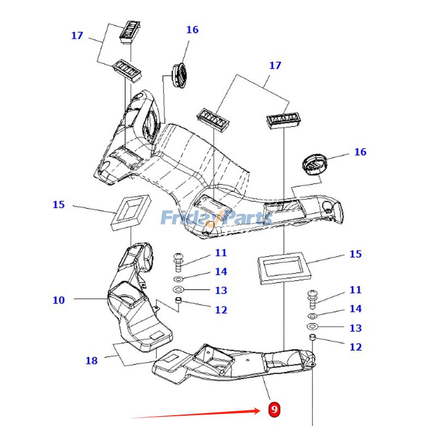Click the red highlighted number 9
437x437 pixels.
[x=274, y=409]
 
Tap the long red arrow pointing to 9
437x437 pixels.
[x=197, y=414]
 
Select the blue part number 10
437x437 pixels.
[x=58, y=300]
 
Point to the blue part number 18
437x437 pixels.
[x=91, y=361]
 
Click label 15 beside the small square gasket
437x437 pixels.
[x=58, y=205]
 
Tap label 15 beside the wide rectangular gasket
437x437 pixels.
[x=355, y=254]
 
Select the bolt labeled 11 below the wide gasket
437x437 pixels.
[x=312, y=297]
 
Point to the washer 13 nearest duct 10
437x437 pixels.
[x=179, y=289]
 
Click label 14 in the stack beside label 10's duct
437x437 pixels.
[x=221, y=271]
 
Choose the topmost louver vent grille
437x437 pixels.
[x=130, y=31]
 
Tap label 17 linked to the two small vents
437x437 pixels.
[x=77, y=36]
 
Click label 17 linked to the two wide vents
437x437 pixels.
[x=275, y=66]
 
